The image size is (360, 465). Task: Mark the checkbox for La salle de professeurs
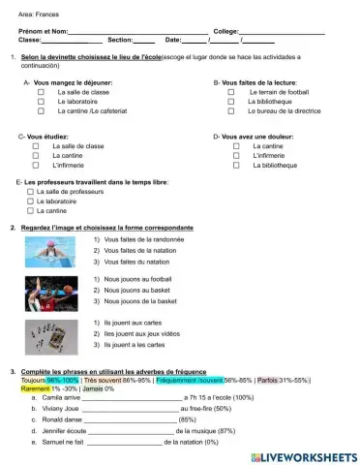pyautogui.click(x=31, y=193)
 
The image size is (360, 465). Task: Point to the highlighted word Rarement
pyautogui.click(x=34, y=389)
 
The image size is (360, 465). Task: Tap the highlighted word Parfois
pyautogui.click(x=268, y=381)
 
